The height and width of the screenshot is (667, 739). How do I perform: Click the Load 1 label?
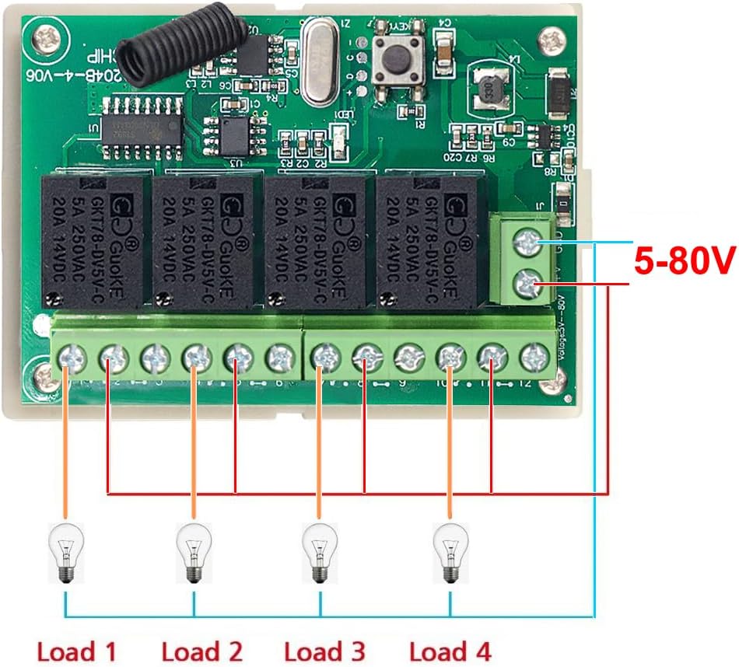click(x=76, y=651)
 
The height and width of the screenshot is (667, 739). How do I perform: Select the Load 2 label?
click(x=201, y=651)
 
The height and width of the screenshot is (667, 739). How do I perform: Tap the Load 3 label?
click(x=324, y=651)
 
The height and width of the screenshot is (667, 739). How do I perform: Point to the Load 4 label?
click(x=450, y=651)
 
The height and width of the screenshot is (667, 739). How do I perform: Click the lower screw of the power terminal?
click(x=529, y=283)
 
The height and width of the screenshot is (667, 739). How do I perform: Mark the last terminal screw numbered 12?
click(x=534, y=358)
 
